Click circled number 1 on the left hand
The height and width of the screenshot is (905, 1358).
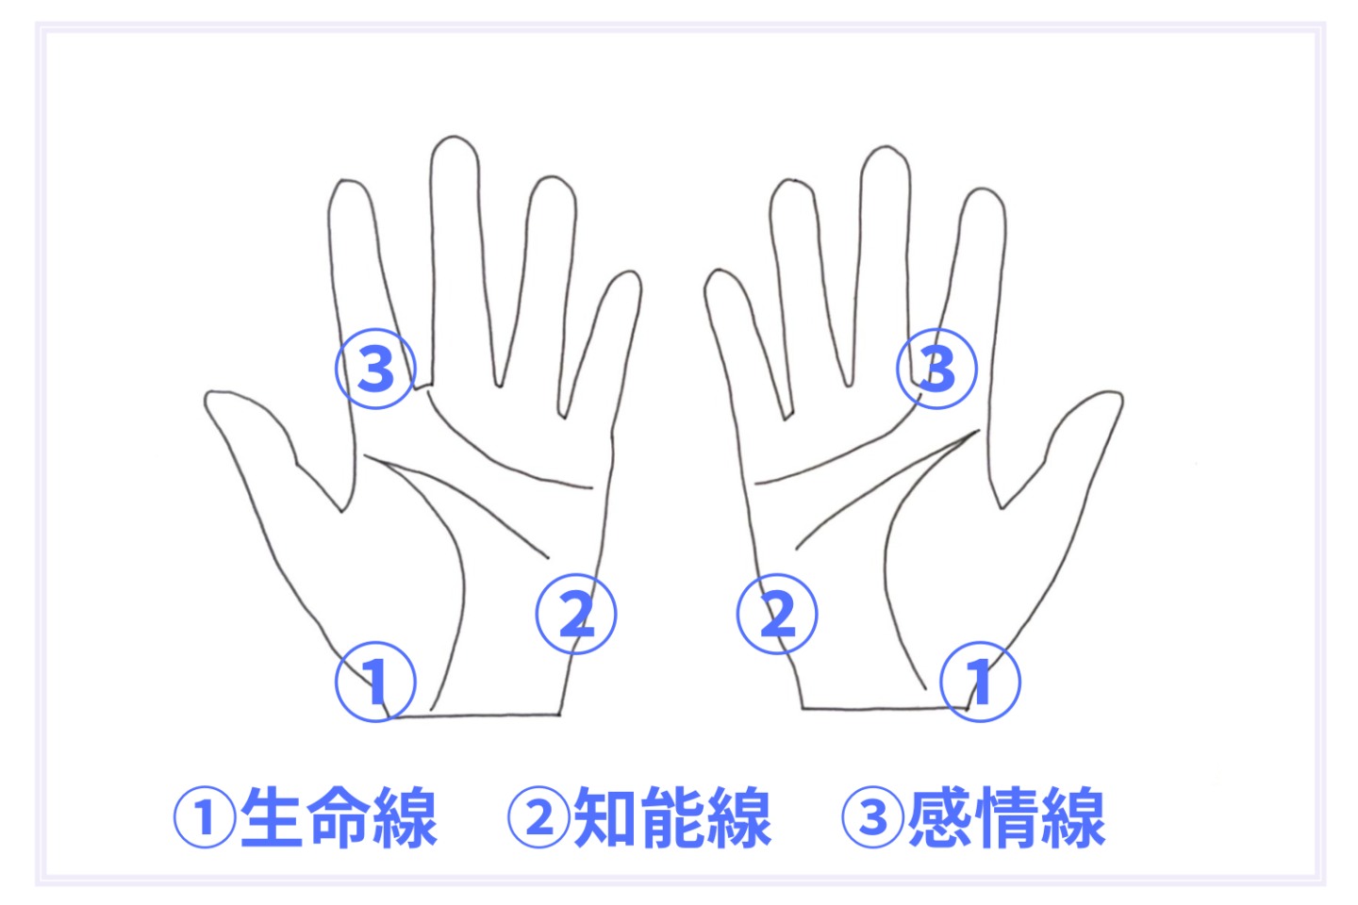click(375, 682)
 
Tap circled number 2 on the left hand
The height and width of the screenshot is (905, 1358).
click(576, 614)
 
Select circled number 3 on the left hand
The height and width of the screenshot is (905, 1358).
click(375, 369)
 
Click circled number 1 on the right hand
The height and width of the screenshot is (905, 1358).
click(981, 682)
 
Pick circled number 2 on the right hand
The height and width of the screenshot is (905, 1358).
click(777, 614)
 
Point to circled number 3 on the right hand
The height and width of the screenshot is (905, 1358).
click(936, 369)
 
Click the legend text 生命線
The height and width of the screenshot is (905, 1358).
click(339, 817)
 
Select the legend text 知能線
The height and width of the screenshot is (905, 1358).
click(673, 817)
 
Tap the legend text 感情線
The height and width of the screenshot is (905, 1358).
click(1007, 817)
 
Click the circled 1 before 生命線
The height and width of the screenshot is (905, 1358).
click(205, 817)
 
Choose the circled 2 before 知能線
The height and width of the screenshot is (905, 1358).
click(539, 817)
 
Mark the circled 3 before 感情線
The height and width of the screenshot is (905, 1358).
click(873, 817)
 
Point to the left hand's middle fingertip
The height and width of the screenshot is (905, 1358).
click(455, 137)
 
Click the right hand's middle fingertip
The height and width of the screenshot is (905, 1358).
click(886, 147)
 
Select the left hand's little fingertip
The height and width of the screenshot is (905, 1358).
click(632, 272)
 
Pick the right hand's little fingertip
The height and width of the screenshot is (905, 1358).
click(717, 271)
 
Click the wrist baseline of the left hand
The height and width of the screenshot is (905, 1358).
click(473, 716)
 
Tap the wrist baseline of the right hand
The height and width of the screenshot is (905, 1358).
click(885, 708)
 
